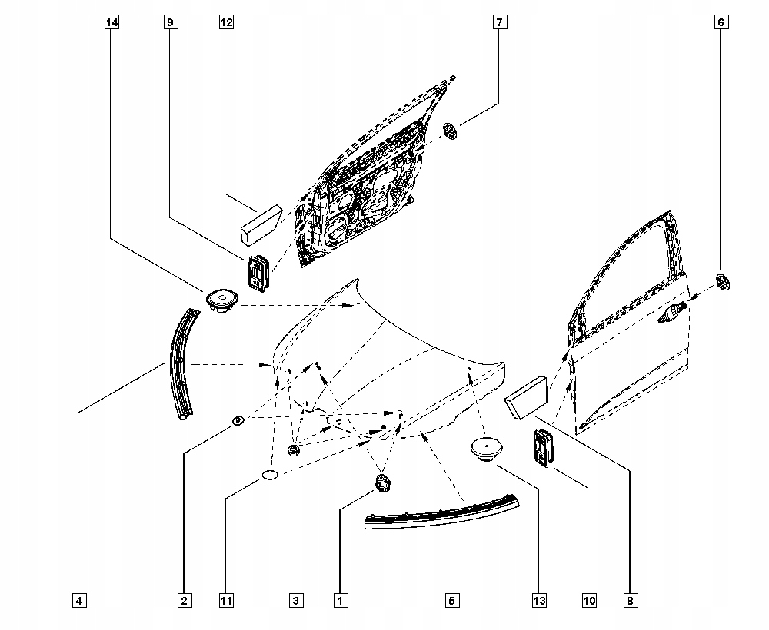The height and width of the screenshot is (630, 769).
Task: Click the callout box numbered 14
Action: coord(112,22)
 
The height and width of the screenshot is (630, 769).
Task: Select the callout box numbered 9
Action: coord(169,22)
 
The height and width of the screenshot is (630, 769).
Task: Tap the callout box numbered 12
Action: coord(225,22)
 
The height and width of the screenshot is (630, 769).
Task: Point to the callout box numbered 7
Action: coord(498,22)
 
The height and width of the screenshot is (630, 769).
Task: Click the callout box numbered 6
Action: coord(721,22)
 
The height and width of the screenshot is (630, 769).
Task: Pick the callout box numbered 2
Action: coord(184,600)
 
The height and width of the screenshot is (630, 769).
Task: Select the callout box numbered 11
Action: coord(225,600)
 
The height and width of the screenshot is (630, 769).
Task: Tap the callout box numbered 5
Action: coord(451,600)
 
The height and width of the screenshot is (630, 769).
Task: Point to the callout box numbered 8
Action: coord(631,600)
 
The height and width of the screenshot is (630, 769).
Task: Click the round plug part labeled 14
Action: coord(221,300)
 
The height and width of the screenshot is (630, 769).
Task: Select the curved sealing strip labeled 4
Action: coord(181,361)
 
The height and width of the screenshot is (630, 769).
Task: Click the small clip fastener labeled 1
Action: coord(382,482)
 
